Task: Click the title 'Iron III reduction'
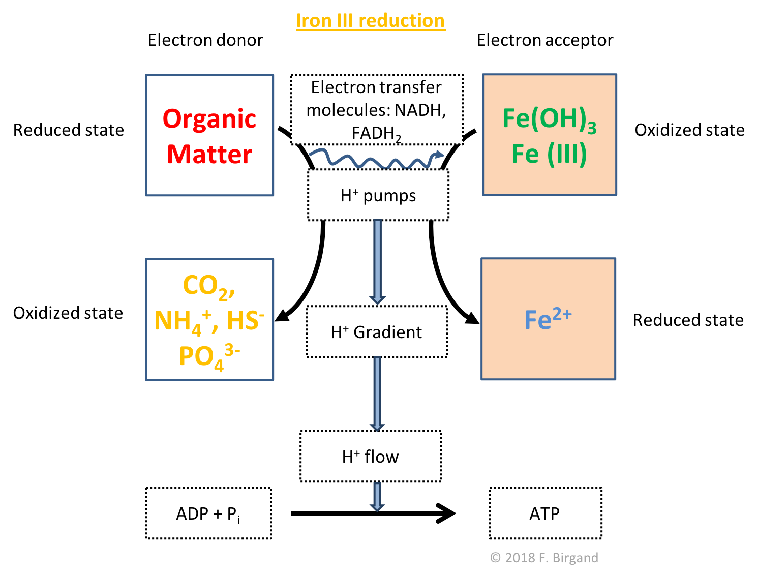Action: [370, 21]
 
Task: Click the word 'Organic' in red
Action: [209, 119]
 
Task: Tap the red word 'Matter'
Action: [209, 154]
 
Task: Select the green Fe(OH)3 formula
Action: [549, 119]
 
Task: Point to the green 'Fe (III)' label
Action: [549, 154]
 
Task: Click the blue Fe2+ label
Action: [548, 319]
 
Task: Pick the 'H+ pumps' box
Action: [378, 195]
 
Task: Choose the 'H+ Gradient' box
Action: [377, 332]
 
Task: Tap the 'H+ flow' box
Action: [371, 457]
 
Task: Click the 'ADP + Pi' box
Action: [208, 513]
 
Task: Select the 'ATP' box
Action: [545, 513]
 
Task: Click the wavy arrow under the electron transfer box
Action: [376, 159]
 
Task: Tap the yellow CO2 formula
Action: [208, 286]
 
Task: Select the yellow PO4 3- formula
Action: [209, 356]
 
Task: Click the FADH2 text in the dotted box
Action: [376, 134]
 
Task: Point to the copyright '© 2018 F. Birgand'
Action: [544, 558]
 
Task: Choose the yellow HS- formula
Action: [246, 320]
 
